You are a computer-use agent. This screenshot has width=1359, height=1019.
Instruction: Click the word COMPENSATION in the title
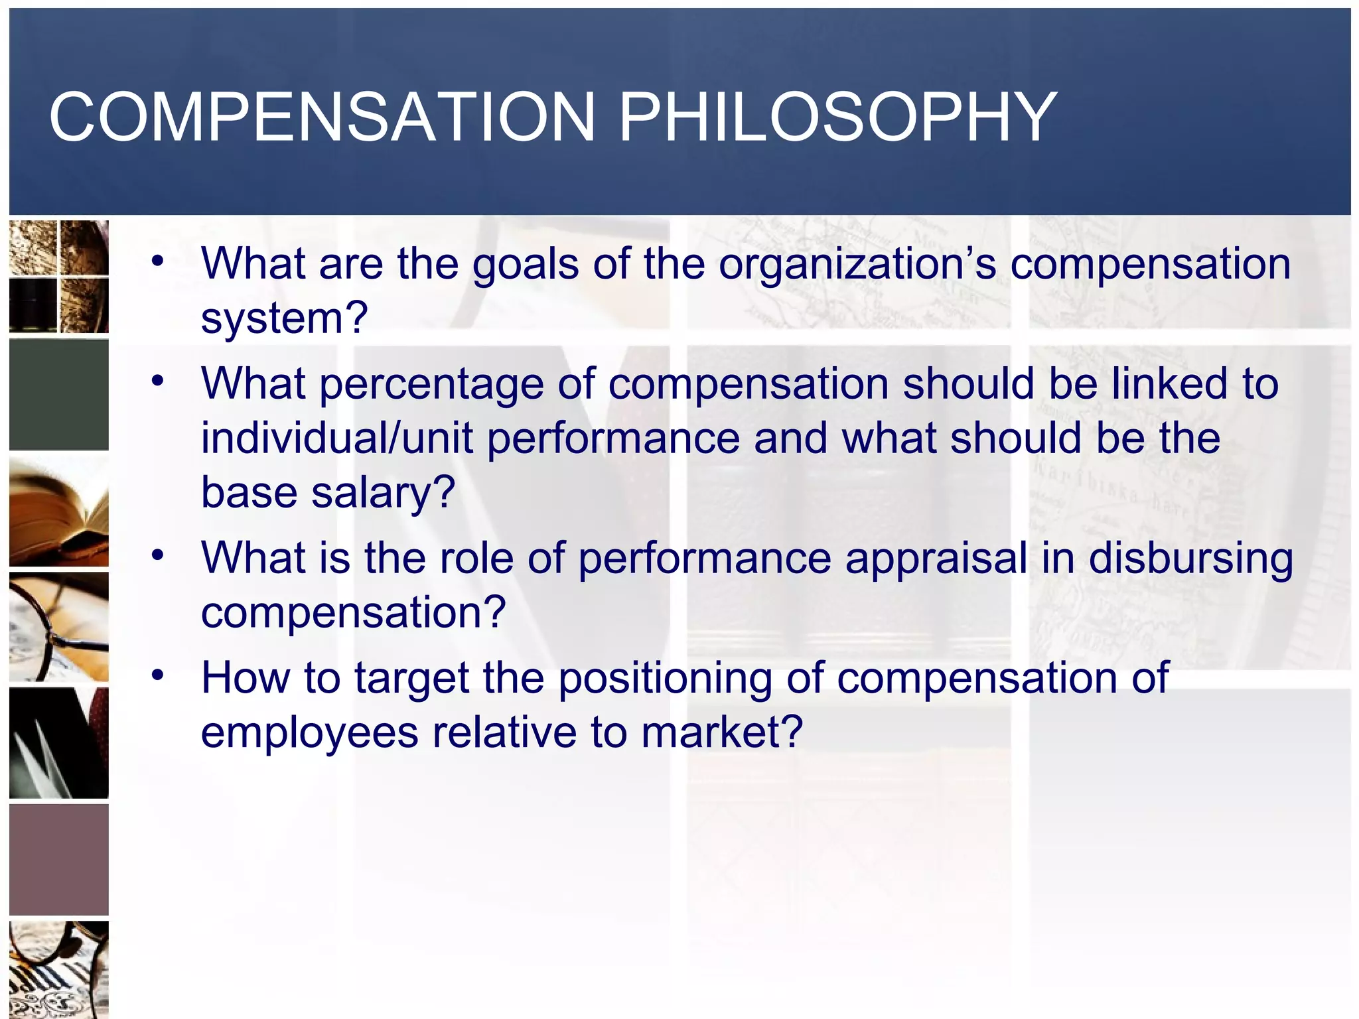point(322,117)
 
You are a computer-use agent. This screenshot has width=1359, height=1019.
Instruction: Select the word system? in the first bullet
point(284,318)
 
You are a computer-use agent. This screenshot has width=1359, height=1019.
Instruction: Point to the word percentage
point(431,385)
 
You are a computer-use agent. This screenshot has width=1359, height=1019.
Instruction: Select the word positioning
point(665,679)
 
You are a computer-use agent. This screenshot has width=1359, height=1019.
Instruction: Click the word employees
point(309,732)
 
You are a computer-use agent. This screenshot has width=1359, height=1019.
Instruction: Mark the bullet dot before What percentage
point(157,381)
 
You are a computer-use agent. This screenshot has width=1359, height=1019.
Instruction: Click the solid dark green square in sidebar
point(58,395)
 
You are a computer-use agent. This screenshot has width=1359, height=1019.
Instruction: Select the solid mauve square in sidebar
point(58,859)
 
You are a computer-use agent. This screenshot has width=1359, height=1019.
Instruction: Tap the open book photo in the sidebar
point(58,511)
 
